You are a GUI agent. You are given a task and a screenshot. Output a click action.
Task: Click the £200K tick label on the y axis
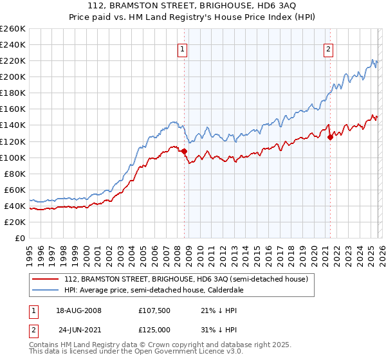12,76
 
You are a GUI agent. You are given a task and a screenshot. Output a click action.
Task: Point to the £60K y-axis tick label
14,190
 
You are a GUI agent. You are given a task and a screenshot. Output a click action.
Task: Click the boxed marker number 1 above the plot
182,50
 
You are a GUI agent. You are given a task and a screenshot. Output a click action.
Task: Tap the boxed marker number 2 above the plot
329,50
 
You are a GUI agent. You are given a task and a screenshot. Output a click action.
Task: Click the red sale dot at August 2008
184,151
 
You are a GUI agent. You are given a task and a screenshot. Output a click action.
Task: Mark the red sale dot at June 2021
330,137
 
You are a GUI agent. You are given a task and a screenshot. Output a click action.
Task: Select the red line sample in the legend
46,280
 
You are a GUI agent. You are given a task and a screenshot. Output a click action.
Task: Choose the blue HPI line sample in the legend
46,291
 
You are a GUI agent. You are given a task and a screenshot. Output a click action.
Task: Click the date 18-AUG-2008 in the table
78,310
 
